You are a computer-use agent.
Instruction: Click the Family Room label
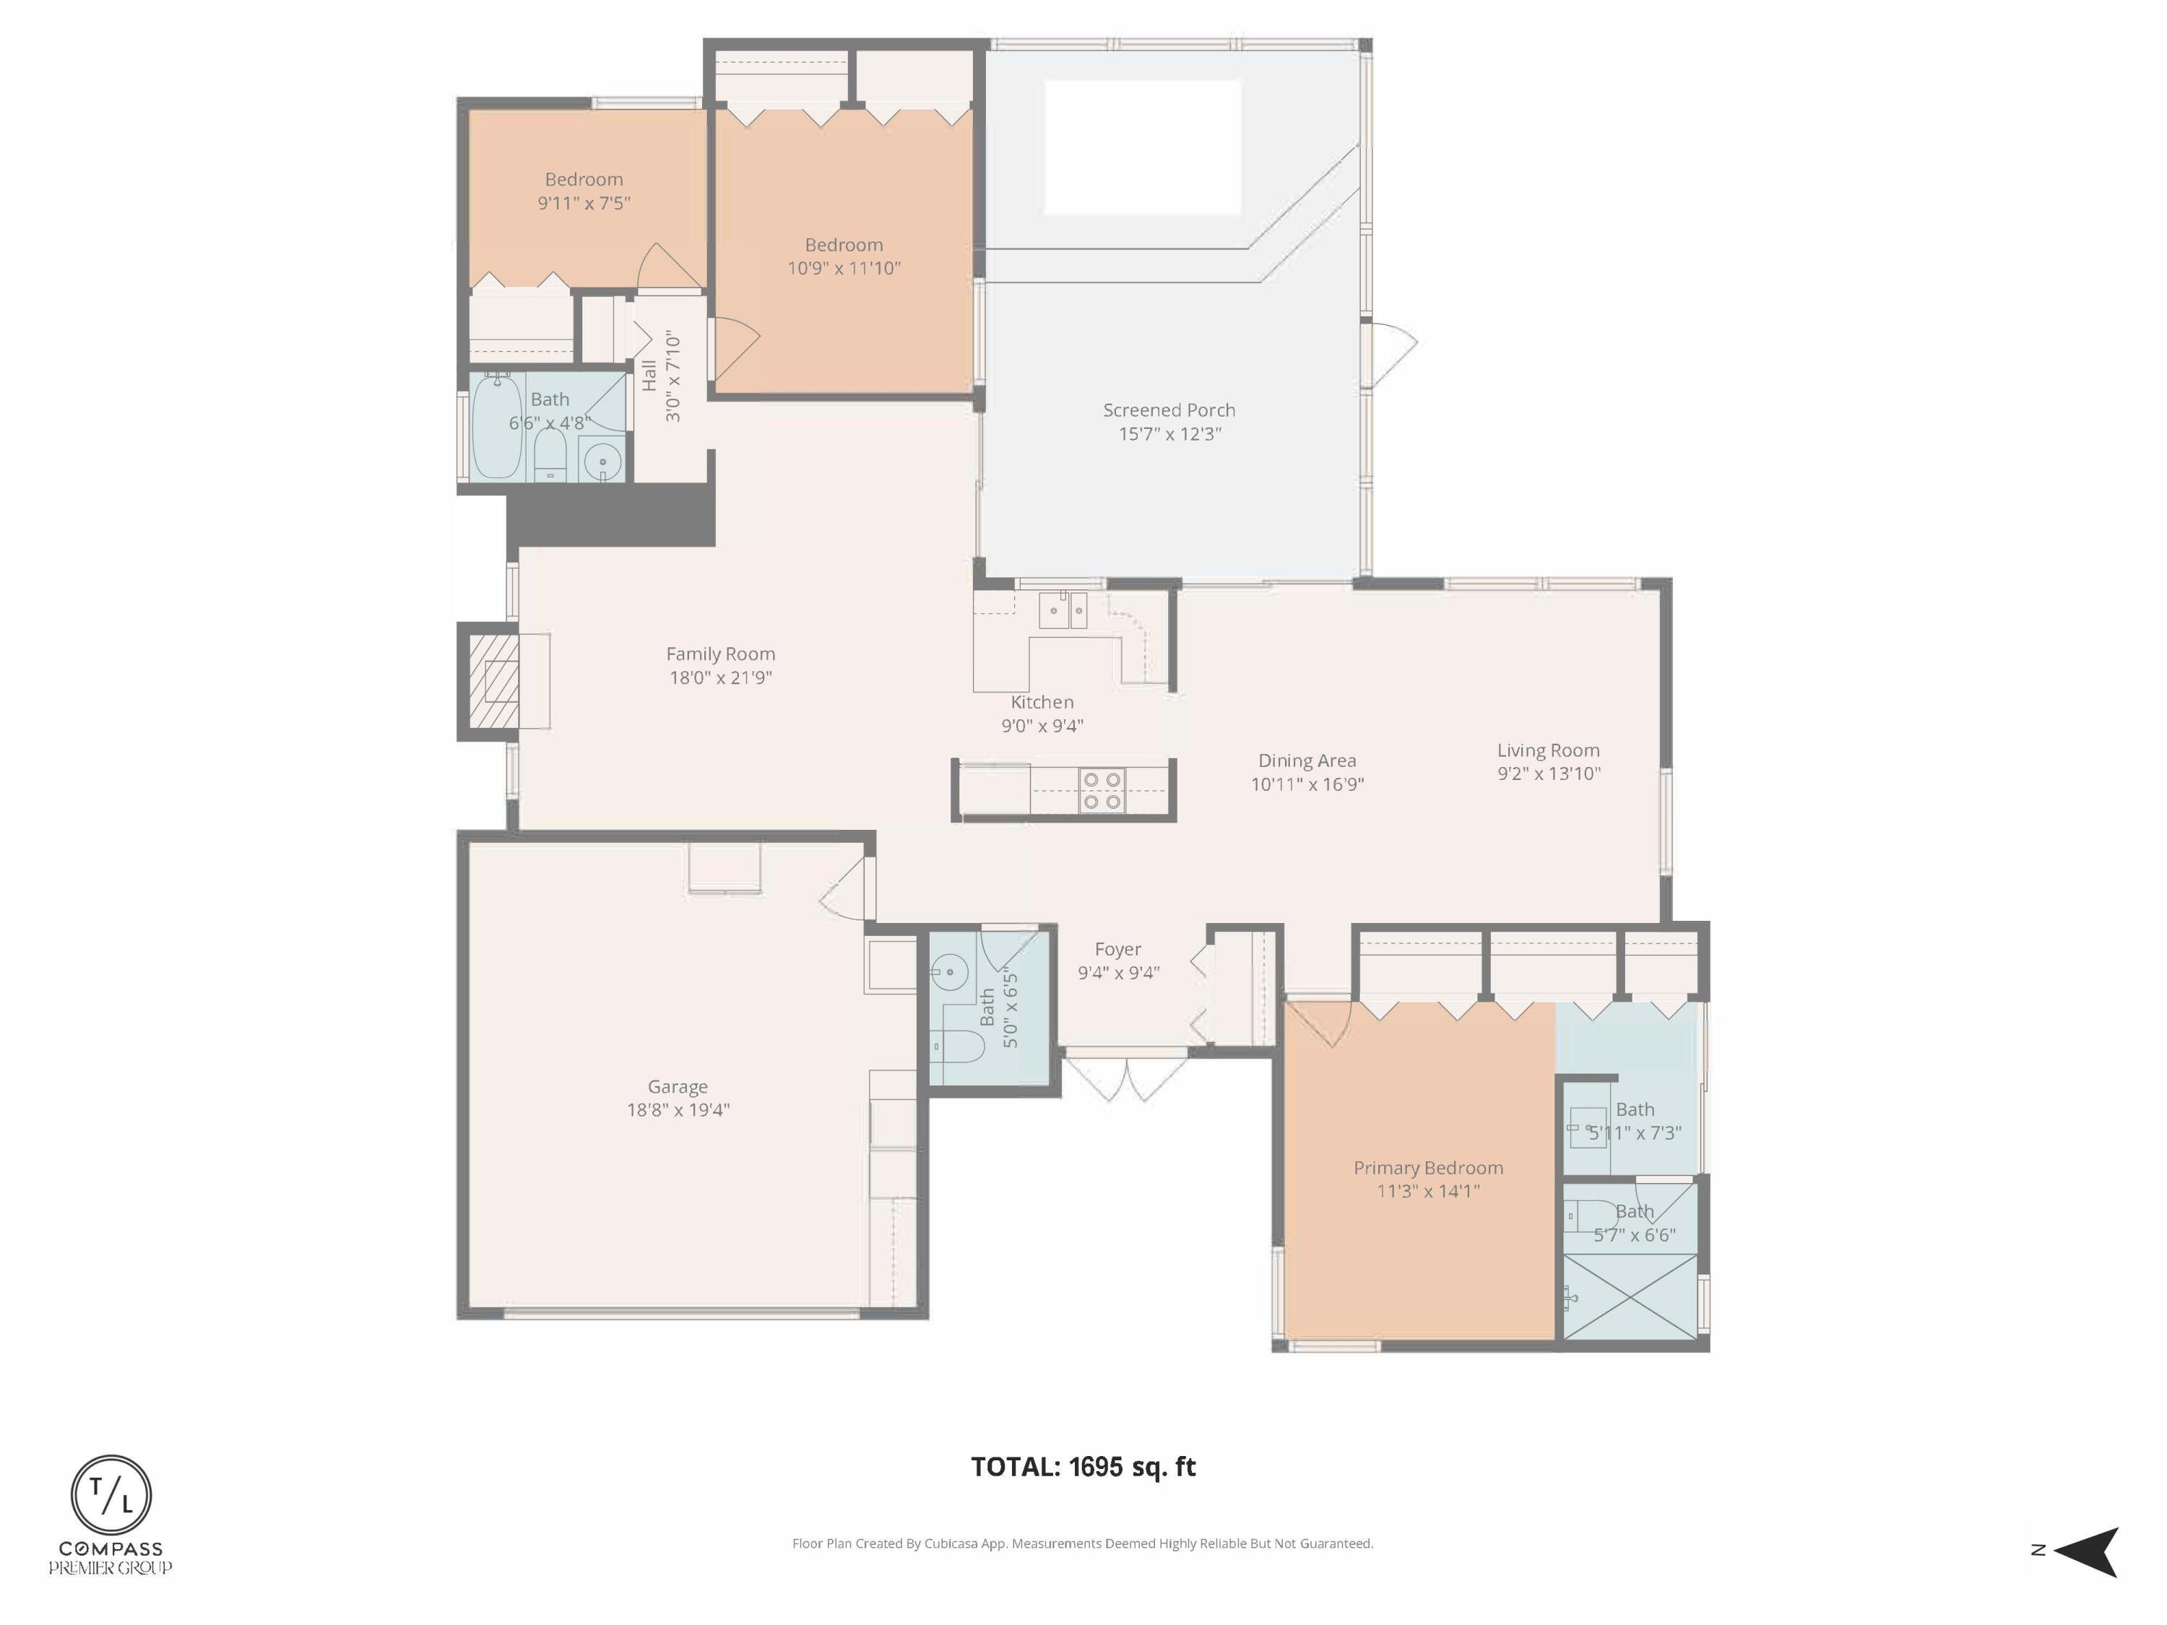[x=720, y=654]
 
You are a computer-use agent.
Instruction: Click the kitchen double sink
[x=1063, y=610]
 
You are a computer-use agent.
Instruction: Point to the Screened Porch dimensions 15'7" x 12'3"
[x=1169, y=434]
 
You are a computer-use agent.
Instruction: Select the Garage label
[x=677, y=1086]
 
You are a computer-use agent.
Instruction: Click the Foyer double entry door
[x=1127, y=1075]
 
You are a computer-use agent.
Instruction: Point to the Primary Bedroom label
[x=1427, y=1168]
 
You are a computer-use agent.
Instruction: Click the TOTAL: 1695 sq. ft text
[x=1083, y=1466]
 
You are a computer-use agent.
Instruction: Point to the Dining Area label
[x=1307, y=760]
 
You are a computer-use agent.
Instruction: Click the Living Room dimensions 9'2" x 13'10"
[x=1548, y=773]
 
